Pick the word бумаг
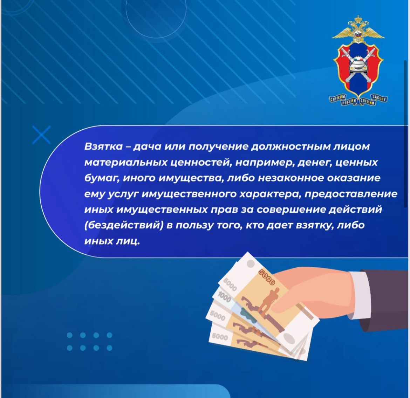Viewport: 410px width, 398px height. point(102,178)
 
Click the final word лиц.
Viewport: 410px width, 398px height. point(128,241)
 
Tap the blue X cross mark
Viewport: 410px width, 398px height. point(42,135)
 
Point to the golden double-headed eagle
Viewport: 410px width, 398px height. point(358,29)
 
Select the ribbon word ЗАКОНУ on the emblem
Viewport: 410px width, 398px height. point(380,98)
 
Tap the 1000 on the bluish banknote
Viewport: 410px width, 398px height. point(224,297)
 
